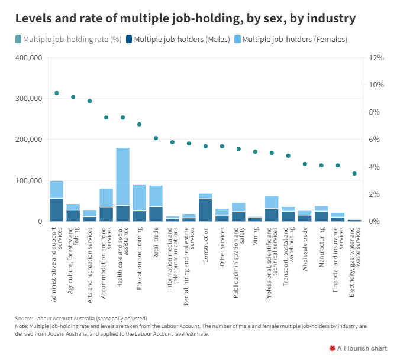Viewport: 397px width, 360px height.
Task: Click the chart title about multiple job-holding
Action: click(x=186, y=18)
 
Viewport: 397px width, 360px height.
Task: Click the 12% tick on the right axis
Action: click(x=376, y=58)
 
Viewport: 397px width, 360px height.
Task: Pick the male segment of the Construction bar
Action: click(x=205, y=210)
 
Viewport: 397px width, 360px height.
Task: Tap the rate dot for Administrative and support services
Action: click(x=57, y=93)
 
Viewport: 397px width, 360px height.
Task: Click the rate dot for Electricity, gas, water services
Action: click(x=354, y=174)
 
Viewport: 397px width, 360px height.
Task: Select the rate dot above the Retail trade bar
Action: click(x=156, y=138)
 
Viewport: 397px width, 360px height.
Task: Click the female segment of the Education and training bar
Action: click(x=140, y=197)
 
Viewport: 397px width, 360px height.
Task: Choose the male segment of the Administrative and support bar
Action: click(x=57, y=210)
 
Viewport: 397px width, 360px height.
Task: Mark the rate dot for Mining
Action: click(x=255, y=152)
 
